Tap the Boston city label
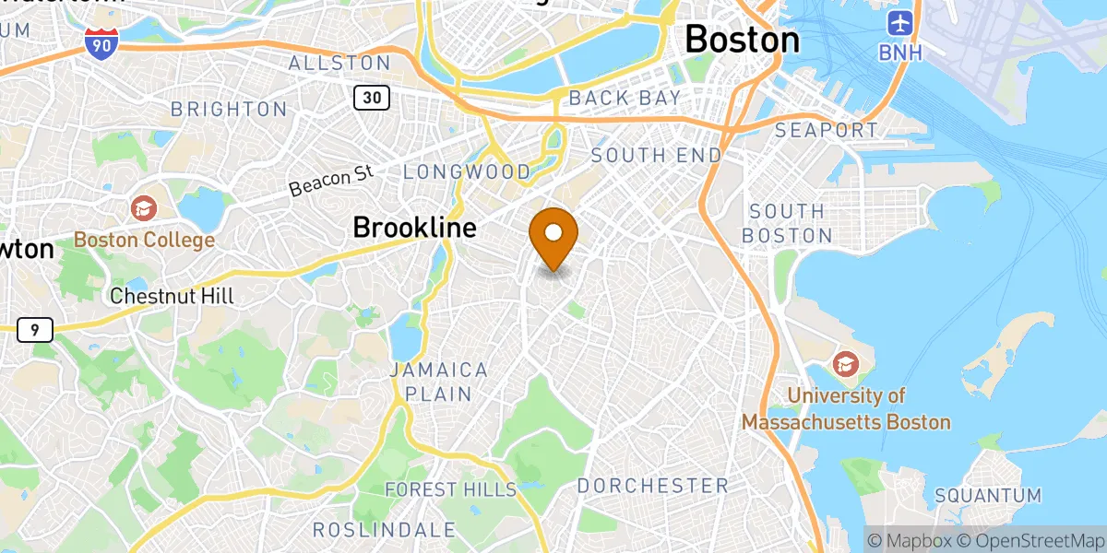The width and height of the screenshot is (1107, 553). click(742, 39)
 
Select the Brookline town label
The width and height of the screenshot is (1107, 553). click(414, 227)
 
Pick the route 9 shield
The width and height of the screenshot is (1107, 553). click(34, 330)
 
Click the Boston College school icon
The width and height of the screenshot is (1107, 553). click(143, 208)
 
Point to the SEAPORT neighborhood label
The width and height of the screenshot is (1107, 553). click(827, 130)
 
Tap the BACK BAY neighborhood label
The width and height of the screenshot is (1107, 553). click(625, 97)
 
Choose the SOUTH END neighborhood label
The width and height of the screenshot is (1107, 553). click(656, 155)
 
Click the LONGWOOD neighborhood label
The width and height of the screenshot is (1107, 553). click(467, 171)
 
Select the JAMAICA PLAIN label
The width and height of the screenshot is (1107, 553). click(438, 382)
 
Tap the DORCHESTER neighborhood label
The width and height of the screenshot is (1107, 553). click(652, 485)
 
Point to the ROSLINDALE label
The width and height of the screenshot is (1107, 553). click(385, 529)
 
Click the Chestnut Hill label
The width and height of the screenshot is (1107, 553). click(172, 296)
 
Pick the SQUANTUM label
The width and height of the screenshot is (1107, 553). click(988, 495)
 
